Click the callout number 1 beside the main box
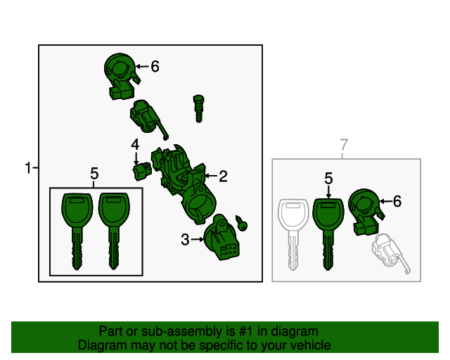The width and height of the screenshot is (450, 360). click(28, 167)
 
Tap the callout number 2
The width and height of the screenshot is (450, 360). click(224, 176)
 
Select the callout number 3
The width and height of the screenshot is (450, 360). click(185, 240)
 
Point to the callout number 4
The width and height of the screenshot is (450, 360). click(135, 144)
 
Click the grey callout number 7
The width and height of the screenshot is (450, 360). click(344, 145)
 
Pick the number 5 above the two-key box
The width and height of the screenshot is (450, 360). click(94, 174)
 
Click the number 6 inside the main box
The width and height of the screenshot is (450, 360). click(155, 67)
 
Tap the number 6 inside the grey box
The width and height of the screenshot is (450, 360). click(397, 201)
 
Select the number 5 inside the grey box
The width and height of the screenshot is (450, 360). click(328, 179)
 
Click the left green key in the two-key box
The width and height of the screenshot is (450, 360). click(77, 231)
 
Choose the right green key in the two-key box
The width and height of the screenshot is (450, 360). click(114, 231)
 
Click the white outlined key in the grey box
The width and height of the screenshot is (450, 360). click(293, 235)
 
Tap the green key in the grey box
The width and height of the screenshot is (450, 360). click(328, 234)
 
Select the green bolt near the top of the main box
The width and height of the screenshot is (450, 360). click(198, 108)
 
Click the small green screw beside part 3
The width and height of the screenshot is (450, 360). click(241, 223)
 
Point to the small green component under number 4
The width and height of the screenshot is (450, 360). click(142, 171)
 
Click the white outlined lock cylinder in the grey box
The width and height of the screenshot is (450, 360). click(391, 252)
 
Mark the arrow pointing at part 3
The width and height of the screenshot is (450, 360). click(197, 240)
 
